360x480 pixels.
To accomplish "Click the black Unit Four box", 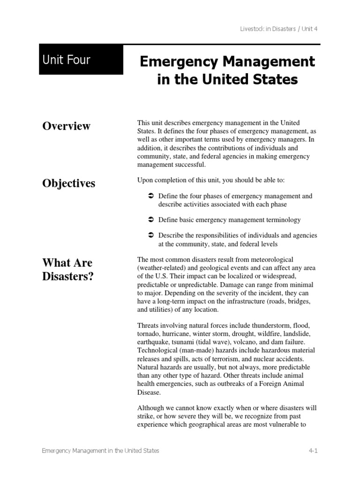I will [81, 60].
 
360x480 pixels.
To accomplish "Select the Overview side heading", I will [66, 126].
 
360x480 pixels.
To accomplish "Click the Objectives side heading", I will [68, 183].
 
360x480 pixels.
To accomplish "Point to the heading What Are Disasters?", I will [68, 269].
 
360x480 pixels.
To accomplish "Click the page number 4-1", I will [313, 450].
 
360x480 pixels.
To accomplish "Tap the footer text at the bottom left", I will [100, 450].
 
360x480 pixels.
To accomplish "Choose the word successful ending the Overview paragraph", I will [185, 165].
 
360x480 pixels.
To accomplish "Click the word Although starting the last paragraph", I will [150, 408].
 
